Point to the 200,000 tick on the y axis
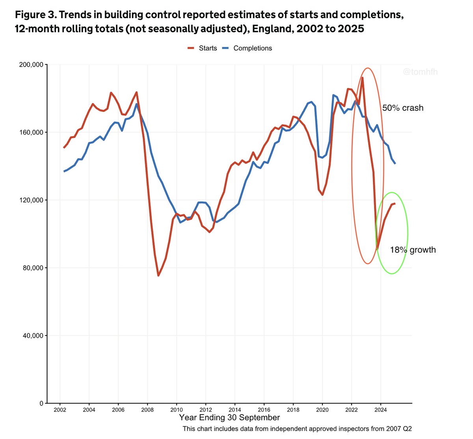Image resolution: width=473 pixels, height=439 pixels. click(31, 65)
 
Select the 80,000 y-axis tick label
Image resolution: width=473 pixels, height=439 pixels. click(33, 268)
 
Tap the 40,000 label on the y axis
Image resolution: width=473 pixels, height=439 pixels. click(33, 336)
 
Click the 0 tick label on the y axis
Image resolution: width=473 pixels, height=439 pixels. click(41, 404)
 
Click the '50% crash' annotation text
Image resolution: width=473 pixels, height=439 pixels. click(402, 108)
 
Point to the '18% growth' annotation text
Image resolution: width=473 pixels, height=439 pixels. click(413, 250)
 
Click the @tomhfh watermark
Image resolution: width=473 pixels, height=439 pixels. click(420, 72)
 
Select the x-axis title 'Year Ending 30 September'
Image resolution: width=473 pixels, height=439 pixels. click(229, 418)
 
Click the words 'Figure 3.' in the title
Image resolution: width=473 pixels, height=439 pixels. click(35, 15)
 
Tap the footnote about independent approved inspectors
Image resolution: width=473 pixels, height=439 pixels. click(297, 429)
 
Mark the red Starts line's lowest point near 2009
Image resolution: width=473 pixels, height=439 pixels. click(158, 275)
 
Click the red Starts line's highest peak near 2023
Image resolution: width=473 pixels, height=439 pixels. click(362, 78)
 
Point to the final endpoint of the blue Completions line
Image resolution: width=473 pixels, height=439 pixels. click(395, 163)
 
